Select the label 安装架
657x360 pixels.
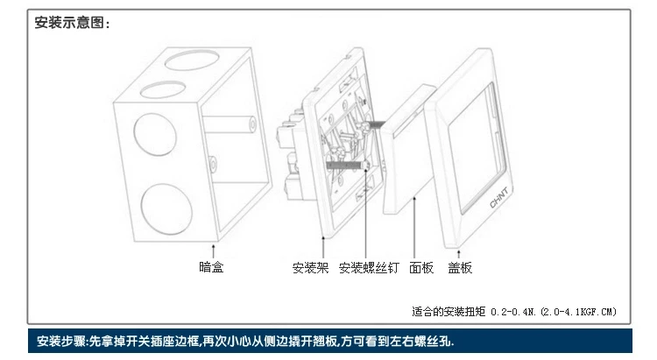tap(311, 268)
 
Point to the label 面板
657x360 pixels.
tap(421, 268)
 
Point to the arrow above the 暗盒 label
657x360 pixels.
tap(211, 252)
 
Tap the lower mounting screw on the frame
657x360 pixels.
tap(343, 163)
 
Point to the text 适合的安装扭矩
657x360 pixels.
tap(449, 311)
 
